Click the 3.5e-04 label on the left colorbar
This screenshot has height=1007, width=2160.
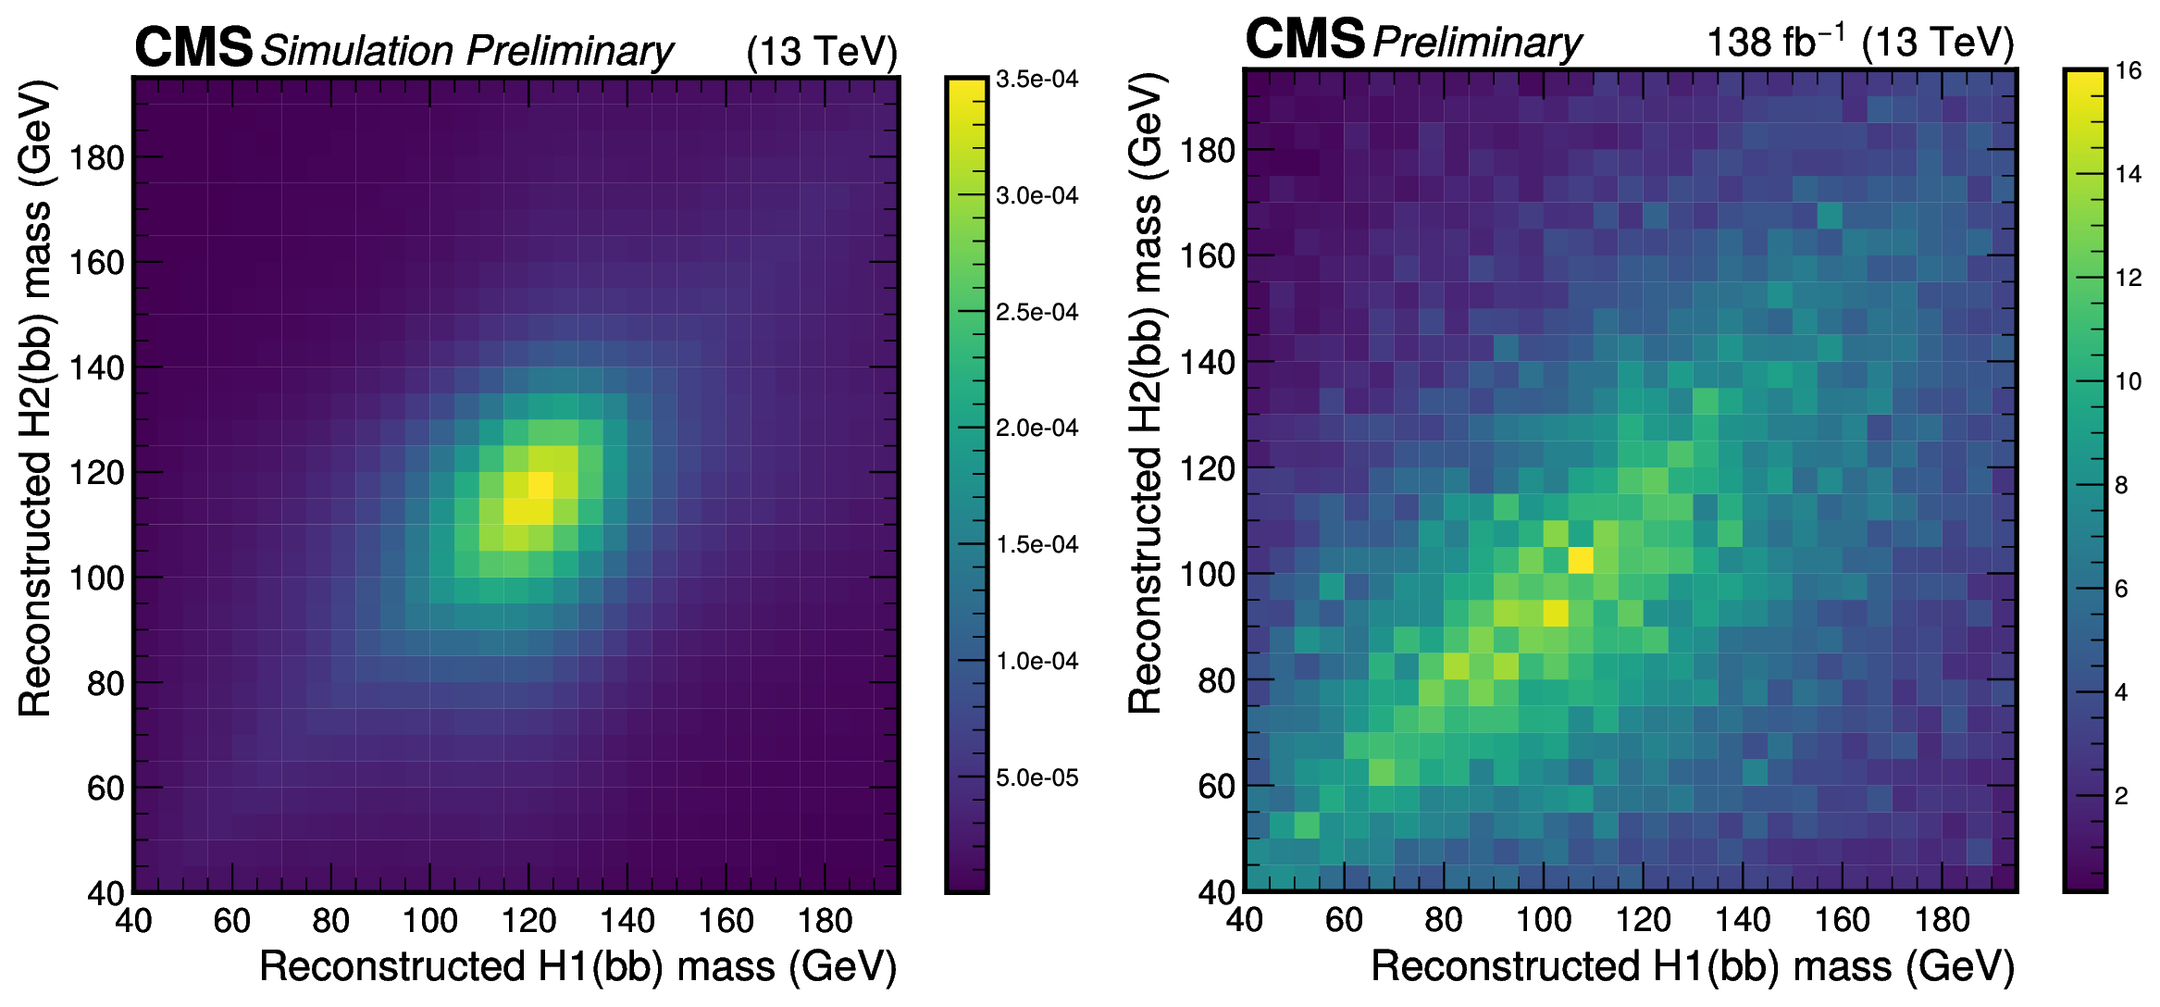pyautogui.click(x=1037, y=80)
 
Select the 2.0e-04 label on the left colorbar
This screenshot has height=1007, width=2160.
pyautogui.click(x=1037, y=429)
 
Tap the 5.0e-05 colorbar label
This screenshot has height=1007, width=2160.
pyautogui.click(x=1037, y=777)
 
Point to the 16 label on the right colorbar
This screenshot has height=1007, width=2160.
pyautogui.click(x=2129, y=71)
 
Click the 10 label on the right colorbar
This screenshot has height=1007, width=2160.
pyautogui.click(x=2129, y=381)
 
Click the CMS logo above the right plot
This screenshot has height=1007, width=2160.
pyautogui.click(x=1305, y=39)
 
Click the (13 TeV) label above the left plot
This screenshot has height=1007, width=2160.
pyautogui.click(x=822, y=52)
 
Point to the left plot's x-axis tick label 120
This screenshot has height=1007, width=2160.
pyautogui.click(x=528, y=921)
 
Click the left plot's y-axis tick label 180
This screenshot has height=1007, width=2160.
pyautogui.click(x=96, y=158)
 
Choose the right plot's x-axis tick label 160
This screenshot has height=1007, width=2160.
pyautogui.click(x=1842, y=920)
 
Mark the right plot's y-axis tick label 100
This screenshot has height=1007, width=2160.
pyautogui.click(x=1208, y=575)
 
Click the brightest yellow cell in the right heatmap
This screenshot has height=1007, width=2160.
pyautogui.click(x=1581, y=560)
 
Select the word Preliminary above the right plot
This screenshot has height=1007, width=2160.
pyautogui.click(x=1477, y=43)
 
